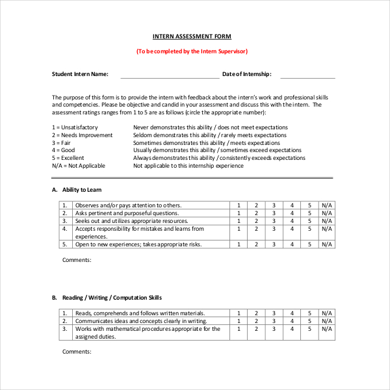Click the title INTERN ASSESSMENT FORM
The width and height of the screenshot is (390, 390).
point(192,36)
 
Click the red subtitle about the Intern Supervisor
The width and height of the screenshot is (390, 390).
point(192,51)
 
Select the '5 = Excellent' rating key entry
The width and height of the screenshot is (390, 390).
point(68,158)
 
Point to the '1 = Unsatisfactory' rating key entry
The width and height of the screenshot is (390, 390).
point(75,127)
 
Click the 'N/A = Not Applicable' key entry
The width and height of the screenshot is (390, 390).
point(78,166)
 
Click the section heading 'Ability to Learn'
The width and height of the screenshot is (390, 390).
point(82,190)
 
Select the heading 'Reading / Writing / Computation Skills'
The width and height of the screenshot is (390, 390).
point(112,298)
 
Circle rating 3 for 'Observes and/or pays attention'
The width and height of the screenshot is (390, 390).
point(274,205)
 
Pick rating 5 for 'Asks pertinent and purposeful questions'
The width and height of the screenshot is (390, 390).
point(309,213)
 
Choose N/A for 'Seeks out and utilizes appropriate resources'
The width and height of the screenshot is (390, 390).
point(327,221)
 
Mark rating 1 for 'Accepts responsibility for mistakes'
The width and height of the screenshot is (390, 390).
point(239,229)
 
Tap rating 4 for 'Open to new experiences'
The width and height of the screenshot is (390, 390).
point(292,244)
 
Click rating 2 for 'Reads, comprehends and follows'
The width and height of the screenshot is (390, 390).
point(256,313)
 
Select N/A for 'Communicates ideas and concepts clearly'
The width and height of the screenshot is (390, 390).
point(327,321)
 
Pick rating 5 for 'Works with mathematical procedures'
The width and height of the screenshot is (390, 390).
point(309,329)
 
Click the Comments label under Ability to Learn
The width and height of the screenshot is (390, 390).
point(77,260)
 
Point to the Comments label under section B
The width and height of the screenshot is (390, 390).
point(77,352)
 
